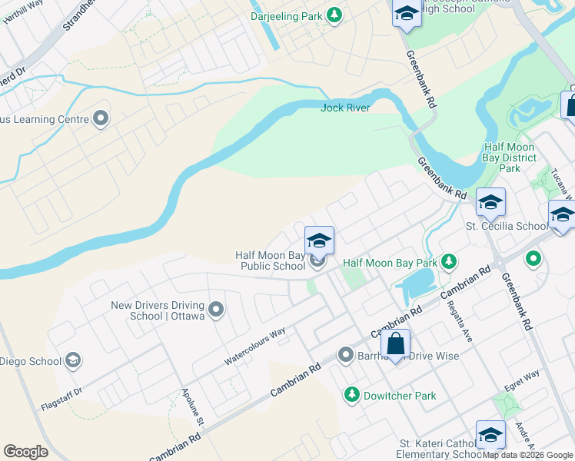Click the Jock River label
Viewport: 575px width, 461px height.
click(345, 108)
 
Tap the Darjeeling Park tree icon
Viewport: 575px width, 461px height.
click(334, 15)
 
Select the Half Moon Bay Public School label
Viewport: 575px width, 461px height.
click(270, 261)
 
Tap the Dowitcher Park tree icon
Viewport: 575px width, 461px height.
click(351, 395)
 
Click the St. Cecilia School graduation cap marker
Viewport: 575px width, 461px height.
click(490, 203)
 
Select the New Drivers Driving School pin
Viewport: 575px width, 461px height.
click(216, 310)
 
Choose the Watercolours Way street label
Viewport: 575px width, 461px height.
click(254, 346)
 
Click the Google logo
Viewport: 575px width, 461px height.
click(25, 452)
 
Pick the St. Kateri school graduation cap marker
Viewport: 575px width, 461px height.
click(490, 436)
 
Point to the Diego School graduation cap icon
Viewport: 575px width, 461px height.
click(73, 360)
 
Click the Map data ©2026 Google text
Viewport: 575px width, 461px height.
click(527, 455)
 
